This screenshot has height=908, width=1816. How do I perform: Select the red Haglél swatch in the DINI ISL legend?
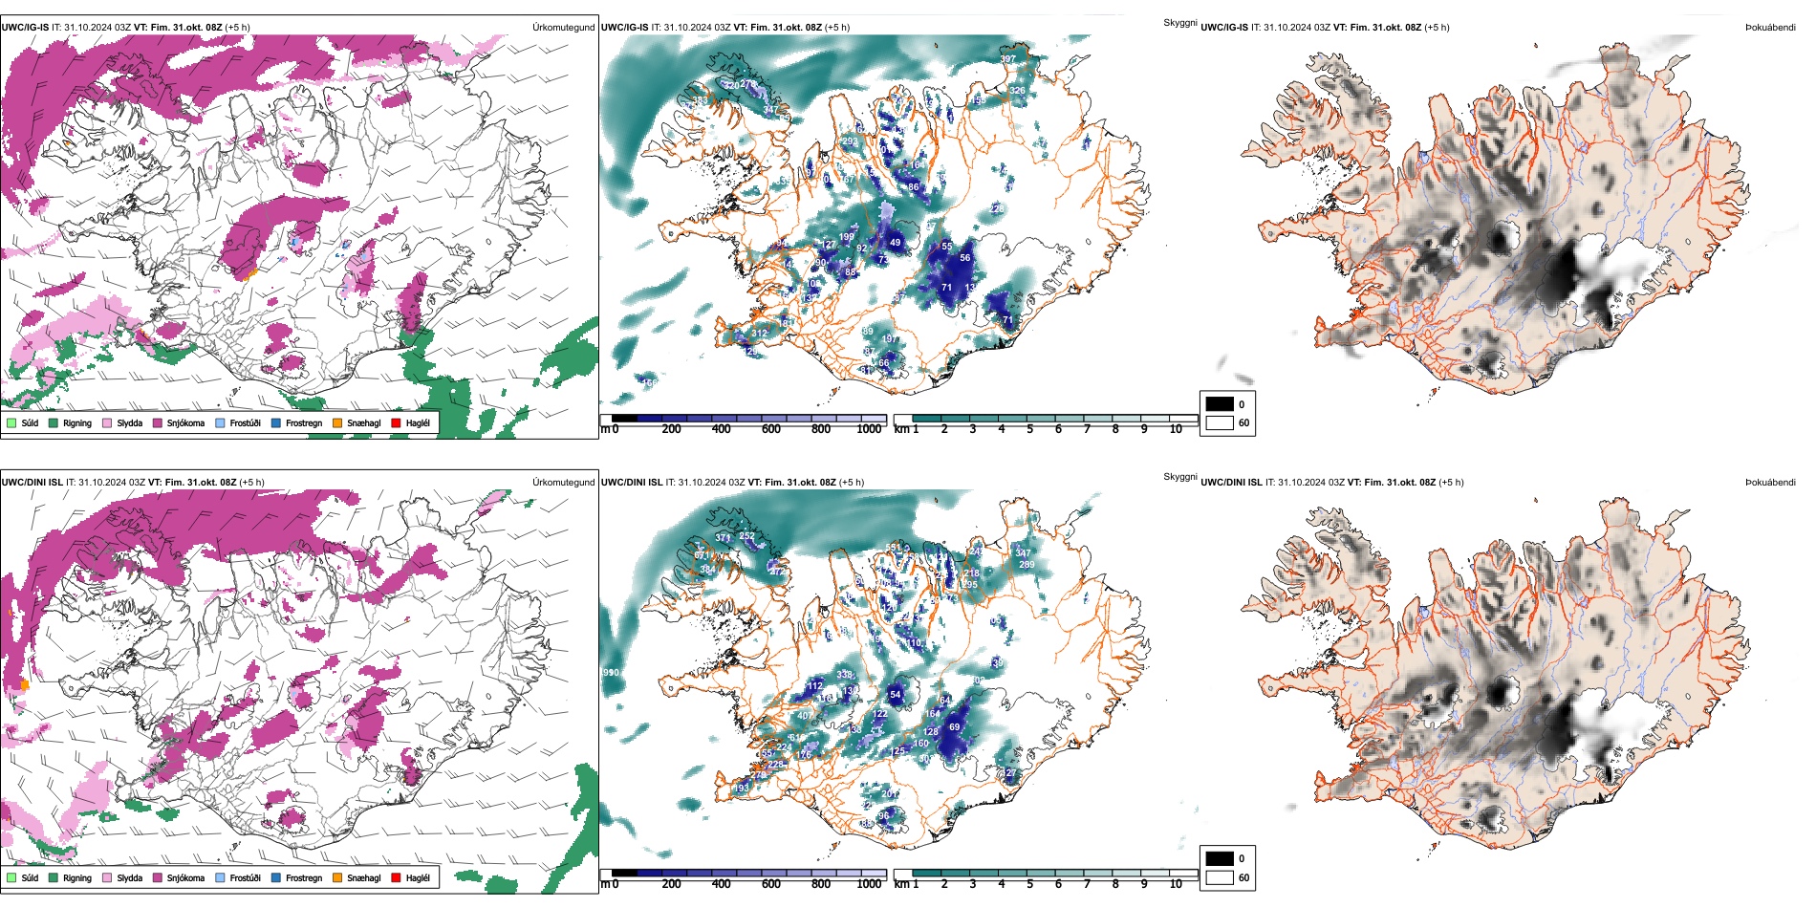[x=396, y=877]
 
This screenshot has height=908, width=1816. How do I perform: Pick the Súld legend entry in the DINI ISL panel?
[x=22, y=877]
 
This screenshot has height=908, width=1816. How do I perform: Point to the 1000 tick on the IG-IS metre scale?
[x=869, y=429]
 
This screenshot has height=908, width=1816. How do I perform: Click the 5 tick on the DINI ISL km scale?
[x=1030, y=884]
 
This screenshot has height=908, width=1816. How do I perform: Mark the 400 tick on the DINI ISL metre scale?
[x=722, y=884]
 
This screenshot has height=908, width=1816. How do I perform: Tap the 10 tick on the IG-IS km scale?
[x=1176, y=429]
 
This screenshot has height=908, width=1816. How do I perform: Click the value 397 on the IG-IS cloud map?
[x=1008, y=59]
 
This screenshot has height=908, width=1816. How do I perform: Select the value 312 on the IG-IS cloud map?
[x=759, y=334]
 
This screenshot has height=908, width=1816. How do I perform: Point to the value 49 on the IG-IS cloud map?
[x=895, y=243]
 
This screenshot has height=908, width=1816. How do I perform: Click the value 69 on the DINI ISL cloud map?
[x=954, y=727]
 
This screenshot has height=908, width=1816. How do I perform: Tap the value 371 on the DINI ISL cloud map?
[x=723, y=538]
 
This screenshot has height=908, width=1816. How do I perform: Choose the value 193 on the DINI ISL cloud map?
[x=741, y=789]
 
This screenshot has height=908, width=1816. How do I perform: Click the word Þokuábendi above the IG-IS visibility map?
[x=1770, y=28]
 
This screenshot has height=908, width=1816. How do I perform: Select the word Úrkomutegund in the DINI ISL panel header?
[x=563, y=483]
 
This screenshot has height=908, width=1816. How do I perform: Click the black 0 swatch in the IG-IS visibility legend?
[x=1220, y=404]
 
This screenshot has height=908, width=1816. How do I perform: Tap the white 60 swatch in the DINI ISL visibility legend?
[x=1220, y=877]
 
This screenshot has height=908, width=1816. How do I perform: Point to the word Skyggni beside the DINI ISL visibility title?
[x=1179, y=477]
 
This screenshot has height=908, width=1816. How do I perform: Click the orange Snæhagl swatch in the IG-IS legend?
[x=337, y=422]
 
